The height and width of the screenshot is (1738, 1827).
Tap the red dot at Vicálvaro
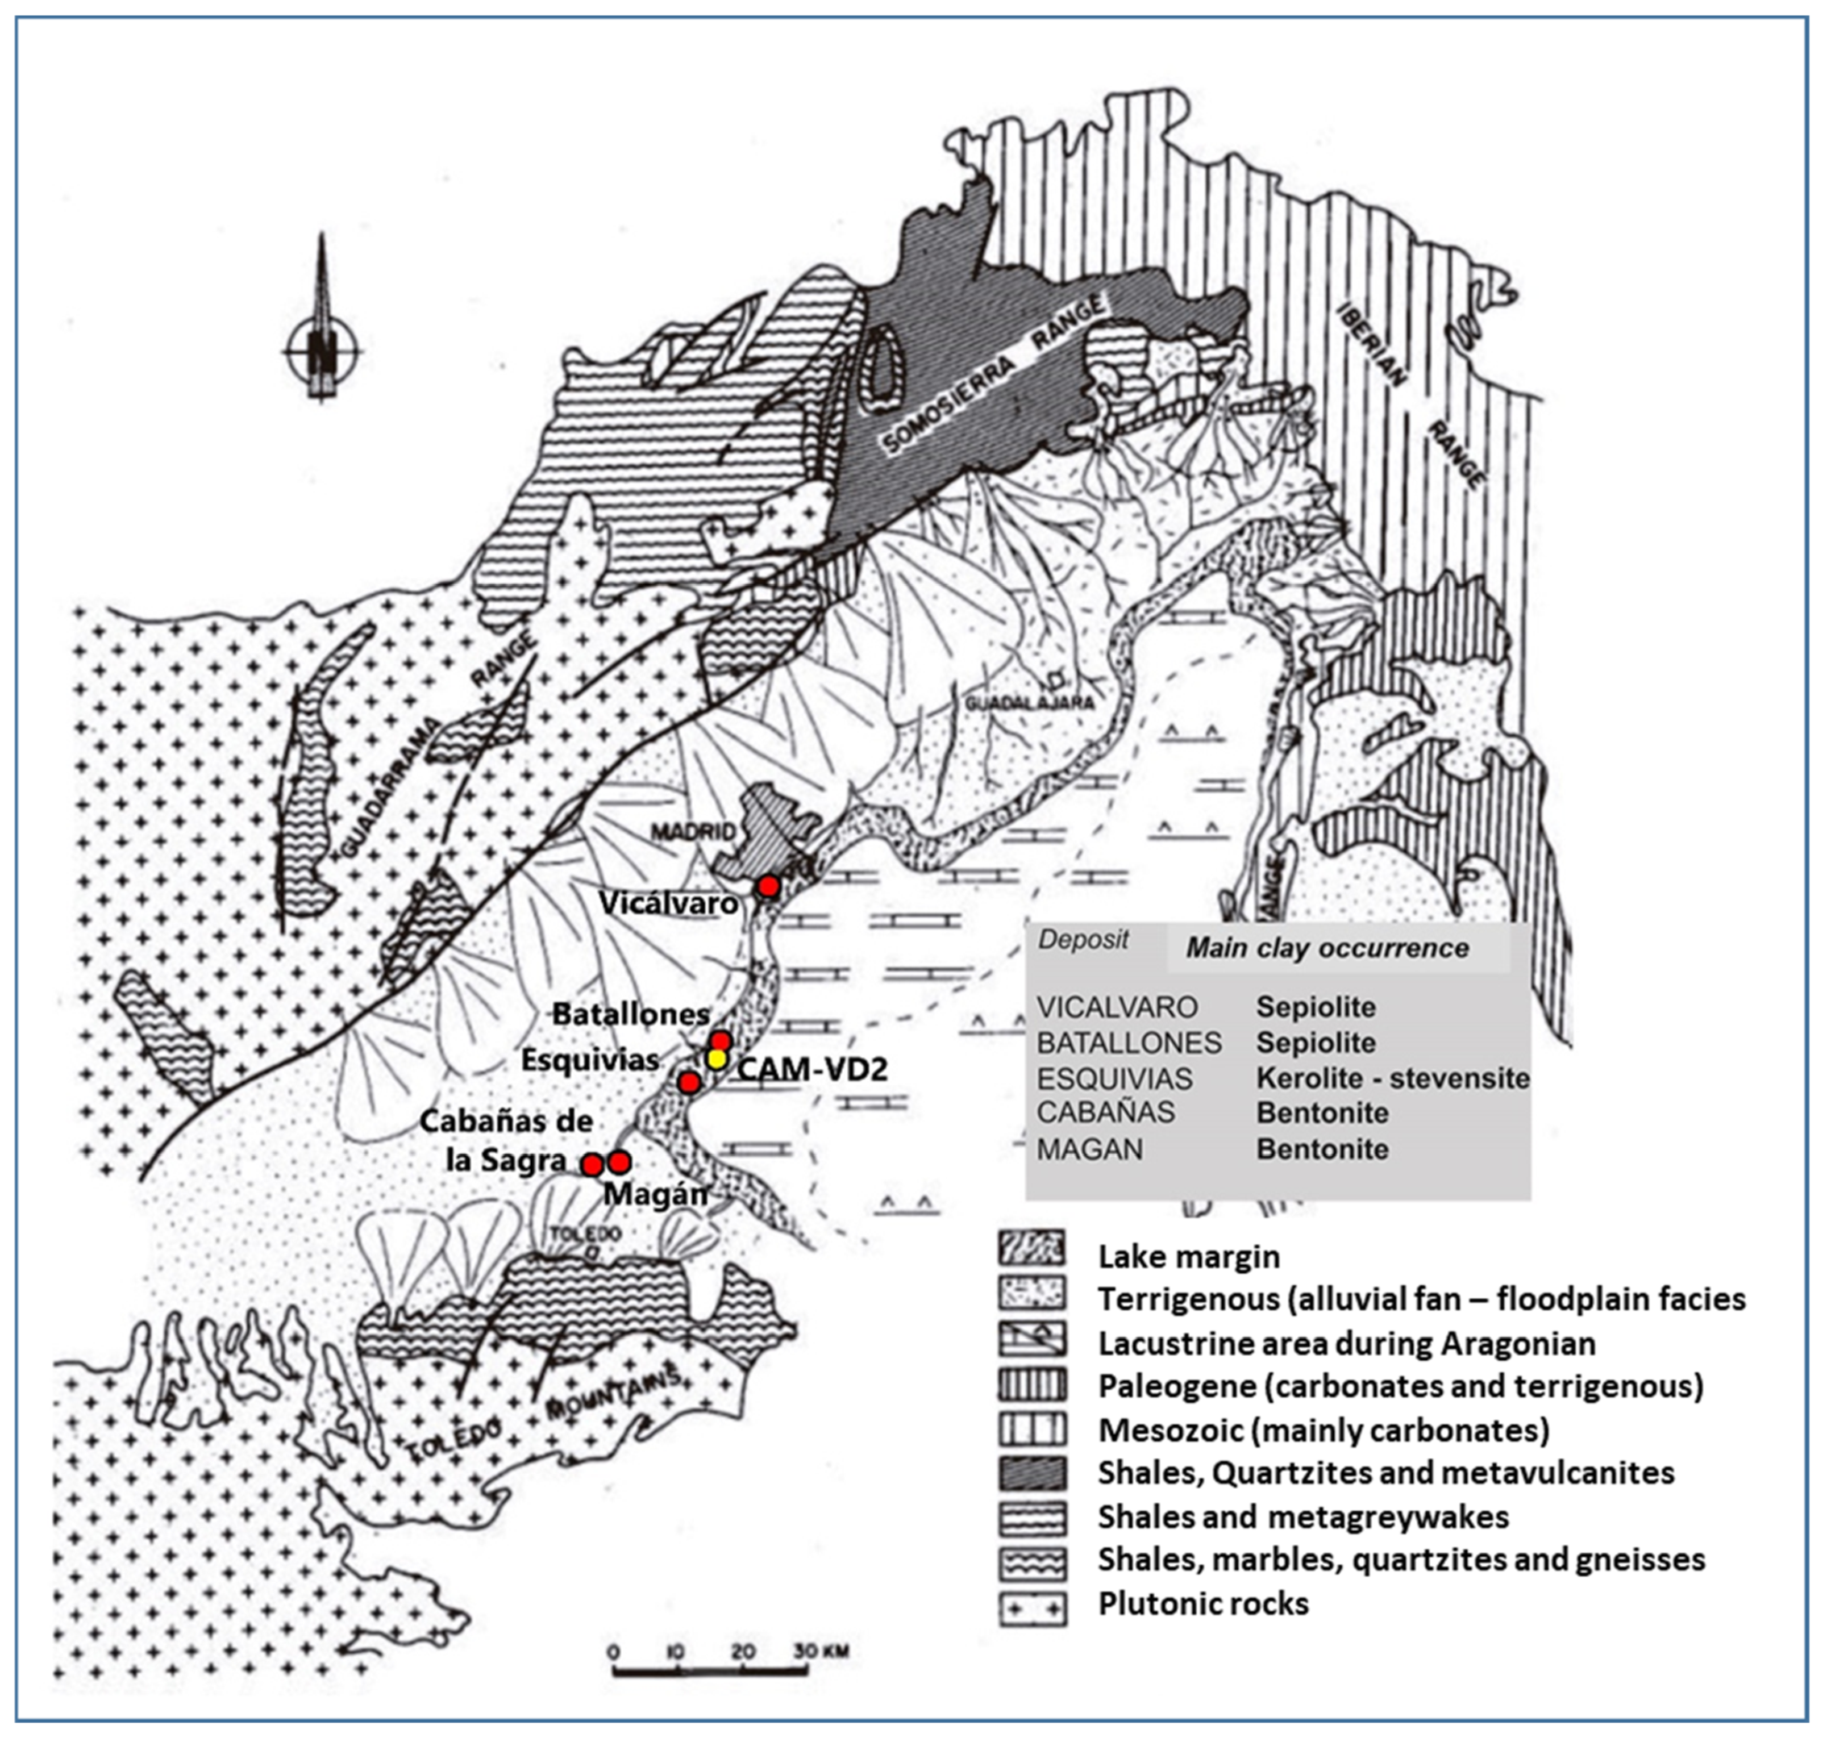(x=768, y=886)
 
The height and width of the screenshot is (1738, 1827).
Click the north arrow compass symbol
(x=322, y=350)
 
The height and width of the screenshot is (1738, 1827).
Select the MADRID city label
(x=692, y=831)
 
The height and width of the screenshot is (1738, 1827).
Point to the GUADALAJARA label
(x=1029, y=702)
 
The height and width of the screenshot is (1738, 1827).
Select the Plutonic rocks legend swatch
(x=1032, y=1604)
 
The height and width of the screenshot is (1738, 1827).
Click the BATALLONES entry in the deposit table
(x=1129, y=1043)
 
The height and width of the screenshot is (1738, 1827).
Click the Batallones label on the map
(x=631, y=1014)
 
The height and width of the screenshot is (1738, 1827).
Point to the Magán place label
(x=655, y=1194)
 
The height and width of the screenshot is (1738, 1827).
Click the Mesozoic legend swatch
(x=1032, y=1429)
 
